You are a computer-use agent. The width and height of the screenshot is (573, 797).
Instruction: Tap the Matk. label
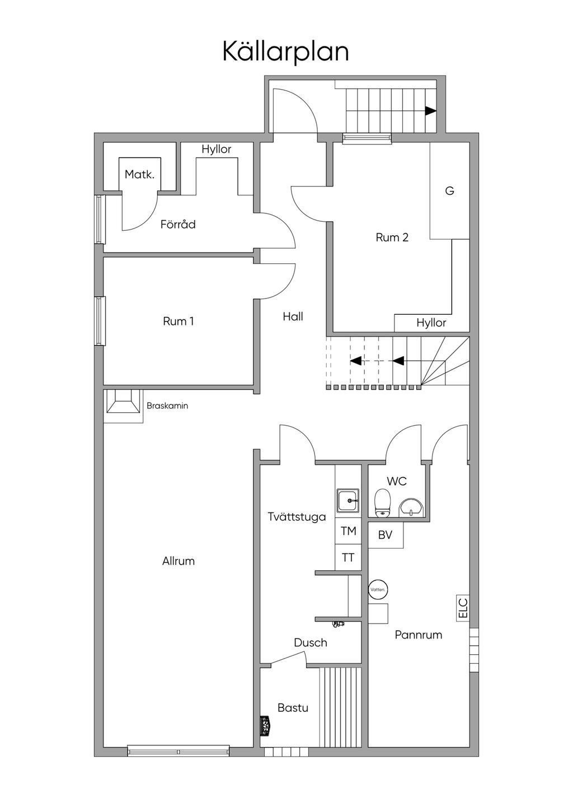pyautogui.click(x=139, y=174)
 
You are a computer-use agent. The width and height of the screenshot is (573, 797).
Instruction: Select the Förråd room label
pyautogui.click(x=178, y=224)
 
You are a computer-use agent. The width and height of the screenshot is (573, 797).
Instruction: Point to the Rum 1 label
pyautogui.click(x=178, y=321)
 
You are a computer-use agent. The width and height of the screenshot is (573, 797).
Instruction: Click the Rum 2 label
pyautogui.click(x=392, y=237)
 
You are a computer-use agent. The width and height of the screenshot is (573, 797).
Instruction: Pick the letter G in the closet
pyautogui.click(x=450, y=191)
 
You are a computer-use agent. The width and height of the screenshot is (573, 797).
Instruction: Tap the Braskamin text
pyautogui.click(x=167, y=406)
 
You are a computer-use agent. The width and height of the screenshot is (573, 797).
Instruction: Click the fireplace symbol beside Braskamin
pyautogui.click(x=123, y=402)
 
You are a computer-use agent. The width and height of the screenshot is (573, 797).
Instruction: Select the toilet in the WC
pyautogui.click(x=383, y=502)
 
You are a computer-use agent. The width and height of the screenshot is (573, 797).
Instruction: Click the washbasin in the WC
pyautogui.click(x=411, y=507)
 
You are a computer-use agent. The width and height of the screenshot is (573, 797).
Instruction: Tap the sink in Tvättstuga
pyautogui.click(x=348, y=501)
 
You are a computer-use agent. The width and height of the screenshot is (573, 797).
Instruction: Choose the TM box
pyautogui.click(x=349, y=531)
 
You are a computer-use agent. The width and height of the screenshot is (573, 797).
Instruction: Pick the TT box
pyautogui.click(x=349, y=557)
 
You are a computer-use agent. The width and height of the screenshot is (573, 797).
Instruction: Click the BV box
pyautogui.click(x=386, y=535)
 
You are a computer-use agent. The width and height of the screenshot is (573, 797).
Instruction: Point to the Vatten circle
pyautogui.click(x=378, y=590)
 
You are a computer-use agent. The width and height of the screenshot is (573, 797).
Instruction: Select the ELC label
pyautogui.click(x=463, y=608)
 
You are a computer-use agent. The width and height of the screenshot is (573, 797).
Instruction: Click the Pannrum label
pyautogui.click(x=419, y=635)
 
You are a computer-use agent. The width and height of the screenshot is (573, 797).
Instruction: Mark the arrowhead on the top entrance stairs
pyautogui.click(x=431, y=111)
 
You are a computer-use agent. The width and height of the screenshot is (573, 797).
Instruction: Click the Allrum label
pyautogui.click(x=179, y=561)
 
